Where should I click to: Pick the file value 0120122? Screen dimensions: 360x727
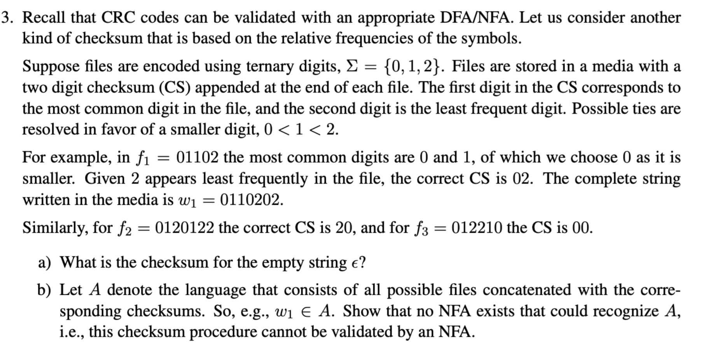click(184, 228)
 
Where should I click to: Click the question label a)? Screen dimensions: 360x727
click(44, 263)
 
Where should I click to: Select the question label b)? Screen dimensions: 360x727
click(44, 290)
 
